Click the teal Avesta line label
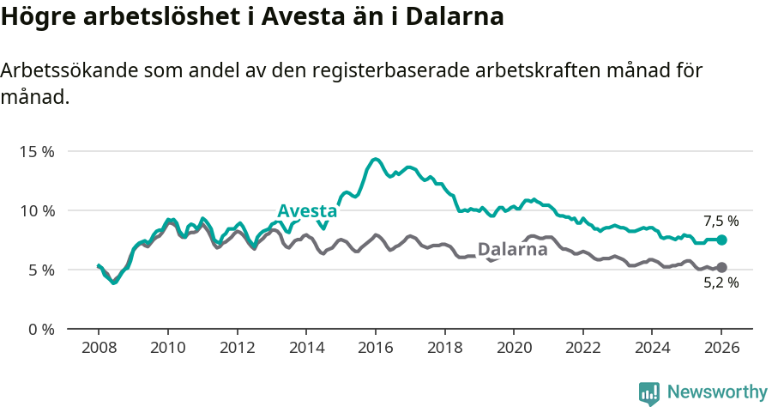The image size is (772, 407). tap(307, 212)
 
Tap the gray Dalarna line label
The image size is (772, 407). tap(512, 250)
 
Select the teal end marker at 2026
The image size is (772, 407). tap(721, 240)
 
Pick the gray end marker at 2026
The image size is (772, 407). tap(721, 267)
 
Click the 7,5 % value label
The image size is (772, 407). tap(721, 221)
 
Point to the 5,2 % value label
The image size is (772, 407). tap(721, 283)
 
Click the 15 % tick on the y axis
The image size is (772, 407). tap(37, 151)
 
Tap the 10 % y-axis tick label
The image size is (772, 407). tap(37, 210)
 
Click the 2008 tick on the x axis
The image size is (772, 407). tap(99, 349)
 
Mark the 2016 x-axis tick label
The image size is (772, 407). tap(376, 349)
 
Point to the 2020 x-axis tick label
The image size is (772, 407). tap(514, 349)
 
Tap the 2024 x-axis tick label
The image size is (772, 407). tap(652, 349)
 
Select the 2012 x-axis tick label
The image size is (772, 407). tap(237, 349)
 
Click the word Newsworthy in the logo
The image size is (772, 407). tap(717, 392)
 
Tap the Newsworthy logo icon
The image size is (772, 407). tap(649, 393)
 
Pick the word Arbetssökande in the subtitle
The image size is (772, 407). tap(60, 71)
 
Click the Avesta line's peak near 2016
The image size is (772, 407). tap(375, 159)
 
